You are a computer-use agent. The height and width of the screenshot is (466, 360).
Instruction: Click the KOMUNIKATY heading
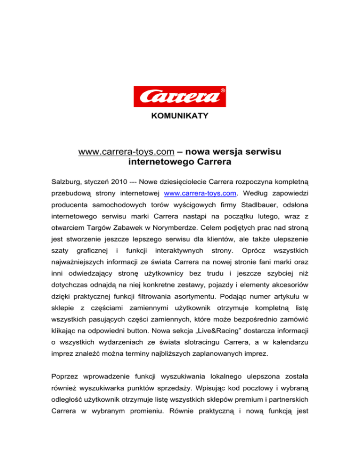180,115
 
